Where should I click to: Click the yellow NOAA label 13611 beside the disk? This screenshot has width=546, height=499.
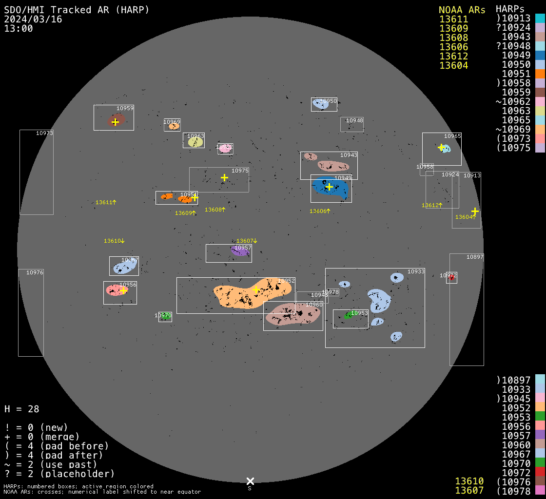click(106, 202)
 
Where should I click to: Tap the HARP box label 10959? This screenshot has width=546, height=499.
click(125, 108)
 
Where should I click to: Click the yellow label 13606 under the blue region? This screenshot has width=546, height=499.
click(320, 211)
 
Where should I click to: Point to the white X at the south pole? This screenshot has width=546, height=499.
click(250, 481)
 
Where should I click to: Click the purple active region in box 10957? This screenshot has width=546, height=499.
click(239, 251)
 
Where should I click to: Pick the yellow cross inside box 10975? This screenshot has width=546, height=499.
click(224, 177)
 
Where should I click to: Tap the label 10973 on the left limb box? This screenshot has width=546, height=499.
click(44, 133)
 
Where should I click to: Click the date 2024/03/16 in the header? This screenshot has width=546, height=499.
click(33, 19)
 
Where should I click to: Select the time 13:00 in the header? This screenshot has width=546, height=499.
click(19, 28)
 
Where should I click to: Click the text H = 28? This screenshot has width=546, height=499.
click(22, 409)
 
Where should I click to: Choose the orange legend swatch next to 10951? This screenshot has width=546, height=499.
click(540, 74)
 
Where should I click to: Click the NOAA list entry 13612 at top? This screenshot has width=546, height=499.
click(453, 56)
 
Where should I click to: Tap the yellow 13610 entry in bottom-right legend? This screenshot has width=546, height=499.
click(469, 481)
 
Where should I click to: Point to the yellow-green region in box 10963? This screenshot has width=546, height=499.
click(195, 142)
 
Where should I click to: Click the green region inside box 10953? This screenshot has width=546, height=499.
click(348, 316)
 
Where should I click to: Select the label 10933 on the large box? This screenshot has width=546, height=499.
click(416, 271)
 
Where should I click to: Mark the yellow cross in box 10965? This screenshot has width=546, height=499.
click(441, 147)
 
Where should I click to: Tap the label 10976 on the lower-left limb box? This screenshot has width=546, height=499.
click(35, 272)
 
